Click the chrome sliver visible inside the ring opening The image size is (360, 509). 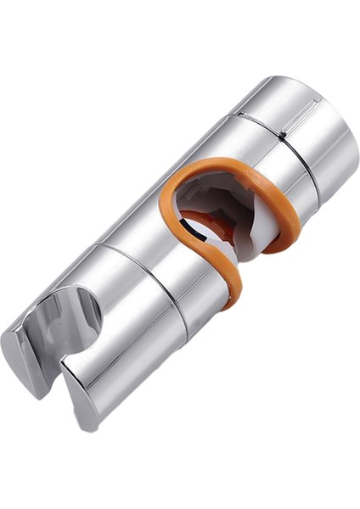pyautogui.click(x=194, y=241)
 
